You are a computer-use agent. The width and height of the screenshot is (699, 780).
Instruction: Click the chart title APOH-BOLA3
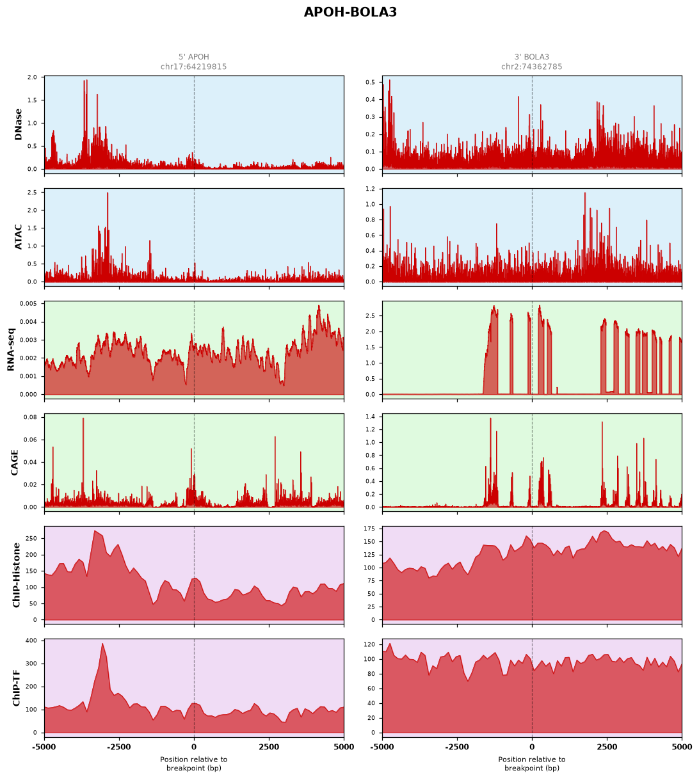(x=349, y=12)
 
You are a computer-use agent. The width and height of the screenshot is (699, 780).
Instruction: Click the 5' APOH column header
(x=193, y=57)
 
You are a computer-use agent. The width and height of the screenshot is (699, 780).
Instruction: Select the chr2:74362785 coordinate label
(x=531, y=67)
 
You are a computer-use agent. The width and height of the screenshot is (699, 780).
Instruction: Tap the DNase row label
(x=18, y=124)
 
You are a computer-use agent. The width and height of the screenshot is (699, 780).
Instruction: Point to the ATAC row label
(x=18, y=236)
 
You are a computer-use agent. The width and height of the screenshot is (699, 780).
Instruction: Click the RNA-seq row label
(x=10, y=349)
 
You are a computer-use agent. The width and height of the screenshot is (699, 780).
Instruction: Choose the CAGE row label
(x=14, y=462)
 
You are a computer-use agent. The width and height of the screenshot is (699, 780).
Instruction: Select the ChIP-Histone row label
(x=16, y=575)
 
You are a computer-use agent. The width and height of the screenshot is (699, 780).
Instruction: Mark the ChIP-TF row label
(x=16, y=687)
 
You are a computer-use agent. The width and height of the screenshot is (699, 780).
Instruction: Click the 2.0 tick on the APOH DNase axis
(x=32, y=77)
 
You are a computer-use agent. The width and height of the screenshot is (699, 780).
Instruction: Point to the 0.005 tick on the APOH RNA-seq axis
(x=29, y=304)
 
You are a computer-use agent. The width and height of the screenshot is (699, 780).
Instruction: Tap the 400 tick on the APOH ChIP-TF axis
(x=31, y=641)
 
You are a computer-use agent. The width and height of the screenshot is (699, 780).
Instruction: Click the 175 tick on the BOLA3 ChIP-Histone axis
(x=369, y=529)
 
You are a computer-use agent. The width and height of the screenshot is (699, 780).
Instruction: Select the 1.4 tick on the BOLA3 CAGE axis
(x=370, y=417)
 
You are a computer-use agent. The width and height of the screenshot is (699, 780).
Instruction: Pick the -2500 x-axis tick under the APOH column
(x=119, y=747)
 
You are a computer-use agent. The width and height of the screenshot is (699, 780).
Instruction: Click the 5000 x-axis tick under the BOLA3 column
(x=681, y=747)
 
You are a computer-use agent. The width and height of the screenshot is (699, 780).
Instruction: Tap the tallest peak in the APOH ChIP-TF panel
(x=102, y=644)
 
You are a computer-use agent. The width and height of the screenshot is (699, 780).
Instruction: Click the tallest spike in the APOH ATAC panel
(x=108, y=193)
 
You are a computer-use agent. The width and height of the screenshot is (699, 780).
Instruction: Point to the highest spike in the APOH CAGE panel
(x=83, y=418)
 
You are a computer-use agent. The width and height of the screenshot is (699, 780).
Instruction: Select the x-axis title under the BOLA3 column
(x=531, y=764)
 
